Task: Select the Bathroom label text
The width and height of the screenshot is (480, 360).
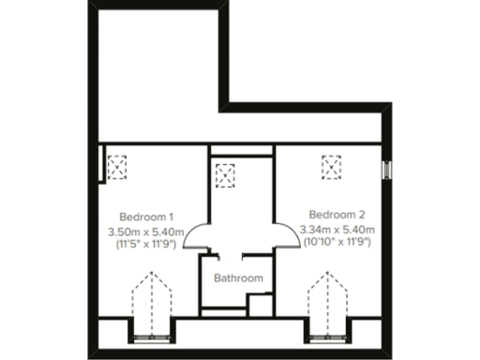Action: pos(238,278)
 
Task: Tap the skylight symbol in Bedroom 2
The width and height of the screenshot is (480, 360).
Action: pos(332,167)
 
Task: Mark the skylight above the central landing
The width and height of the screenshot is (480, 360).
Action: pos(225,175)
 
